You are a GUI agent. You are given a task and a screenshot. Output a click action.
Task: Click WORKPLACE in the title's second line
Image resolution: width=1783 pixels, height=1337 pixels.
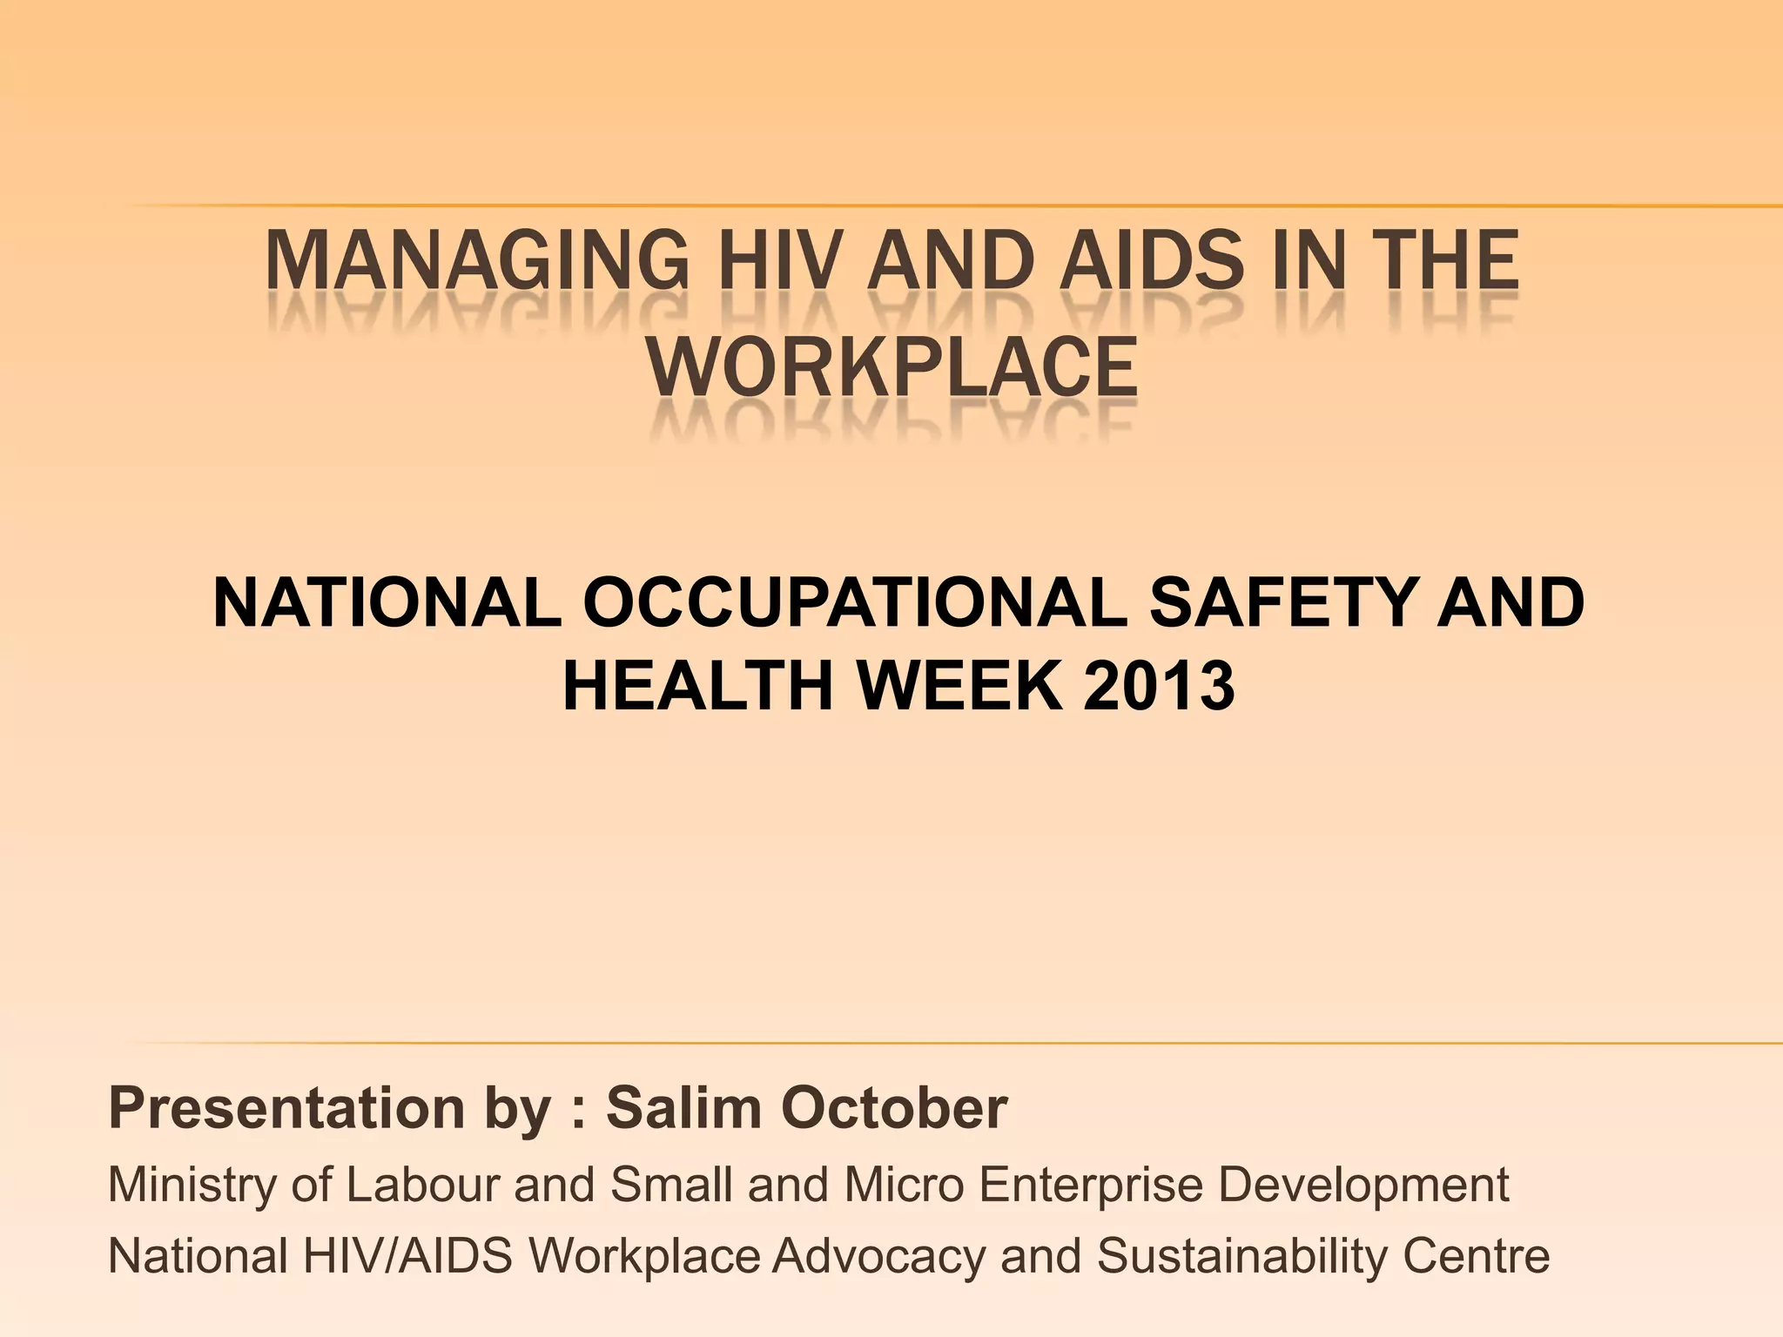pos(891,368)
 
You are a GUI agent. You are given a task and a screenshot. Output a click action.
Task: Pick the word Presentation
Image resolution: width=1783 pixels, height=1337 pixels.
pos(287,1109)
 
